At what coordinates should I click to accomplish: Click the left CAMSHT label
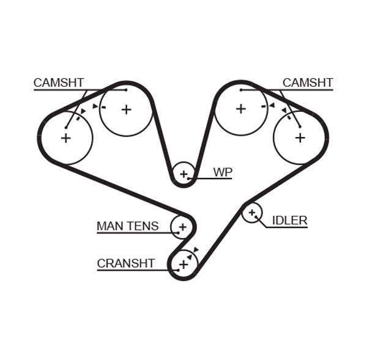[59, 83]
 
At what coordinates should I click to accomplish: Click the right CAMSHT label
[308, 83]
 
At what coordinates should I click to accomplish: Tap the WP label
[223, 172]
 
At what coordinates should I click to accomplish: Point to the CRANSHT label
[125, 263]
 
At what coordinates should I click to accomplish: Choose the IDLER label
[289, 221]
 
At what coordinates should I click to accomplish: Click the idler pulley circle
[251, 213]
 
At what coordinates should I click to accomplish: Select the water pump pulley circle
[183, 174]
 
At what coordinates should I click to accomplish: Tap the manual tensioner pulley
[182, 227]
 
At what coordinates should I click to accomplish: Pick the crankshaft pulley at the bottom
[183, 265]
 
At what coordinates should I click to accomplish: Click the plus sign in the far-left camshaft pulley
[65, 138]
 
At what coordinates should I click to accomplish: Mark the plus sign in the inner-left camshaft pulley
[126, 109]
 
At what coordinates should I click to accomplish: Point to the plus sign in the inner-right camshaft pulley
[240, 109]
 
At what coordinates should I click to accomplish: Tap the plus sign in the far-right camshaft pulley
[300, 138]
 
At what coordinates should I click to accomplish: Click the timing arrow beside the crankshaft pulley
[196, 249]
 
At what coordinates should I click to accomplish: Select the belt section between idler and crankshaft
[220, 236]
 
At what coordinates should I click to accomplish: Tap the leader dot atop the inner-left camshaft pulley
[126, 90]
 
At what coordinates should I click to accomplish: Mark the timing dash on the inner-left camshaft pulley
[103, 107]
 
